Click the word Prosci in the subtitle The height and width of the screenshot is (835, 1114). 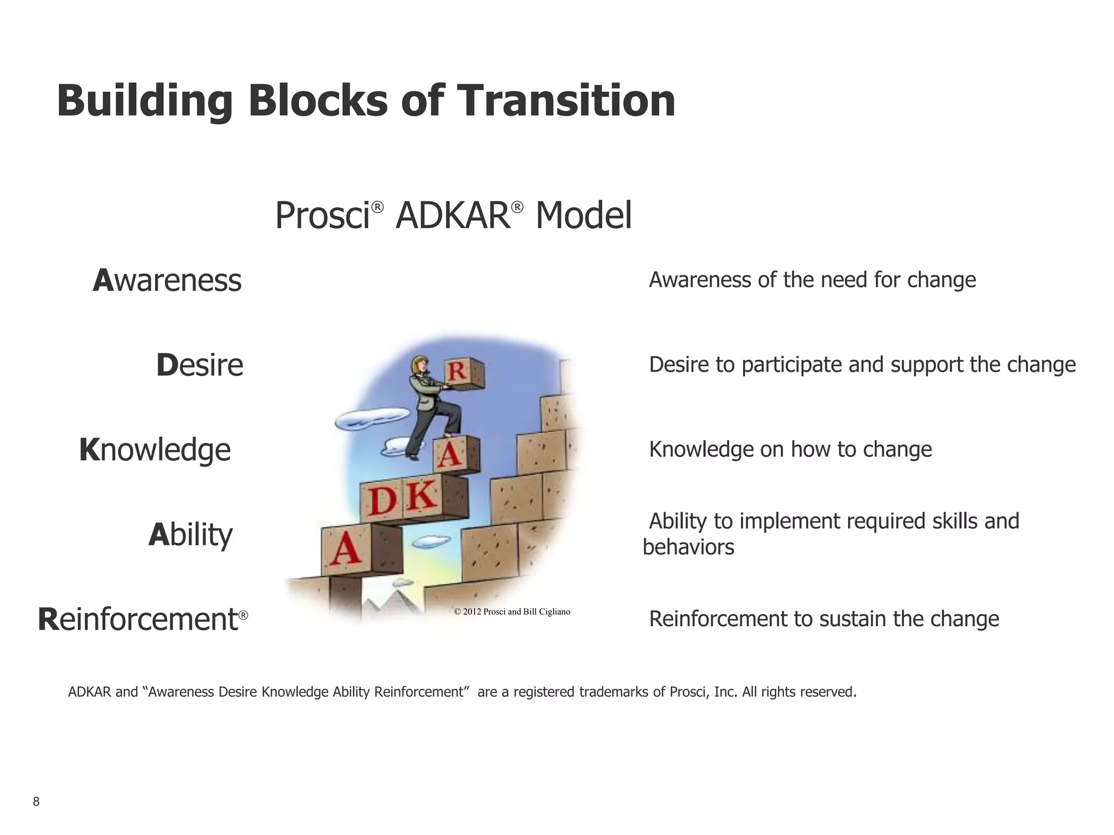(x=322, y=216)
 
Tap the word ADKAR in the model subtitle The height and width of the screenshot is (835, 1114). (x=453, y=216)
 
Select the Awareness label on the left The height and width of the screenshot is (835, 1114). (x=167, y=281)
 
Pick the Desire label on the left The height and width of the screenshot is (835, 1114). (x=200, y=365)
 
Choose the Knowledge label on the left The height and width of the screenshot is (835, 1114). (x=155, y=450)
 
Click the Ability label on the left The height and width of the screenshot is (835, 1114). (x=190, y=535)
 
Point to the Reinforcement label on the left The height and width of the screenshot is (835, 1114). (x=139, y=620)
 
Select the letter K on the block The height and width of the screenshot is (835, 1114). (x=422, y=496)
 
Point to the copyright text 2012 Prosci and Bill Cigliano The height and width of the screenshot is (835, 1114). (x=512, y=612)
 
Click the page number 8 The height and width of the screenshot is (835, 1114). (x=36, y=801)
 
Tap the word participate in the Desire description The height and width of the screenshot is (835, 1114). (x=791, y=365)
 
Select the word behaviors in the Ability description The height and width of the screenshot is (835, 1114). (x=688, y=547)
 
